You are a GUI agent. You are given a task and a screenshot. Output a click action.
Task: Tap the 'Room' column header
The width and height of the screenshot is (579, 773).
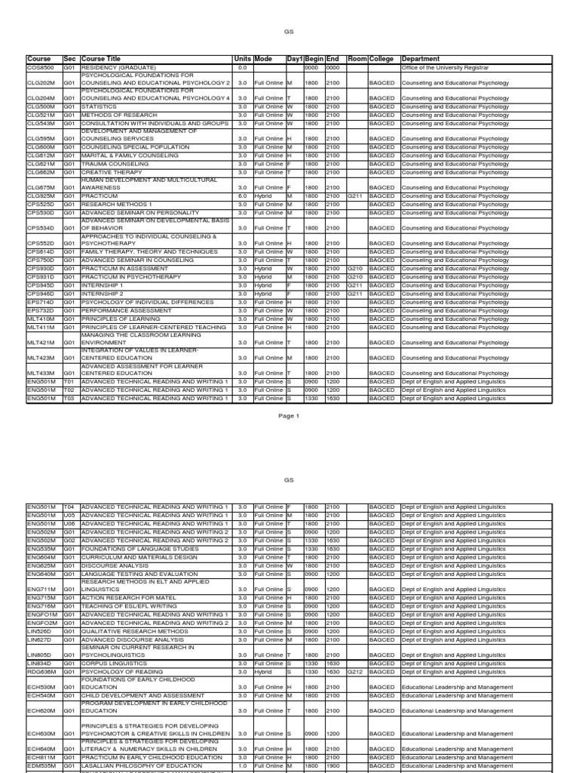(357, 59)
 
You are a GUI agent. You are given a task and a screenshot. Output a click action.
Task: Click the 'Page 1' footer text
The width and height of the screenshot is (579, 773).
(289, 416)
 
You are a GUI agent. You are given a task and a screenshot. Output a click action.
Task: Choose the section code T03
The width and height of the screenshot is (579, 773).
(69, 399)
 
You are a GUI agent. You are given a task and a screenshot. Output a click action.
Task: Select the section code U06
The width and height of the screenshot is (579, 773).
(69, 523)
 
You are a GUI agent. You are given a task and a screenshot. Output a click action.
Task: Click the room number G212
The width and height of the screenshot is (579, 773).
(356, 671)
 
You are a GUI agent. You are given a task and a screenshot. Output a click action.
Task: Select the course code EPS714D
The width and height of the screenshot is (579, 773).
(41, 302)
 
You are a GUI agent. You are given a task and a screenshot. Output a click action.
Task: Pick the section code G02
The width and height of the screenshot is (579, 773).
(69, 540)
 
